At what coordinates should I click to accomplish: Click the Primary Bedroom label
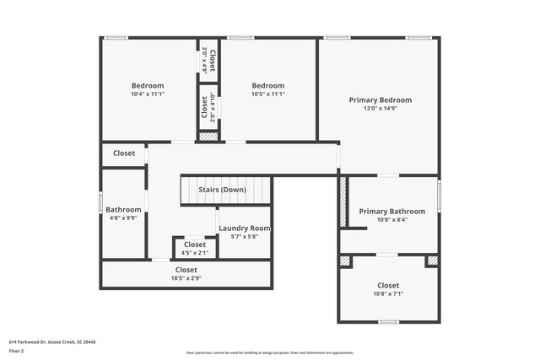click(x=381, y=99)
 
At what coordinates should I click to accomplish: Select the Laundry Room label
click(x=245, y=228)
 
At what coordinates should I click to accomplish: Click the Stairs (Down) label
click(x=222, y=190)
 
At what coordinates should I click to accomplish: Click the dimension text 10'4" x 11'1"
click(x=148, y=94)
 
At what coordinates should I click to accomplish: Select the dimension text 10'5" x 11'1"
click(x=268, y=94)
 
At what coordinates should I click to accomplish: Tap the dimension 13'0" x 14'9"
click(x=381, y=108)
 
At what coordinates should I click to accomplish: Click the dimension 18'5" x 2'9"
click(x=186, y=278)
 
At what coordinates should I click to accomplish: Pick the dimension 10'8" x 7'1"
click(x=388, y=294)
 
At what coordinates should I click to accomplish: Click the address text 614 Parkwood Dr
click(x=52, y=341)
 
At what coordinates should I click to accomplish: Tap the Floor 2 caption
click(x=17, y=350)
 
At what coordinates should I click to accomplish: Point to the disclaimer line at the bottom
click(x=269, y=352)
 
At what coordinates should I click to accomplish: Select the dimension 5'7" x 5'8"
click(x=245, y=237)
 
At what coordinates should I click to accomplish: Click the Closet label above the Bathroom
click(x=124, y=153)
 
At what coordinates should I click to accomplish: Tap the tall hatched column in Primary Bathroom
click(x=343, y=201)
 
